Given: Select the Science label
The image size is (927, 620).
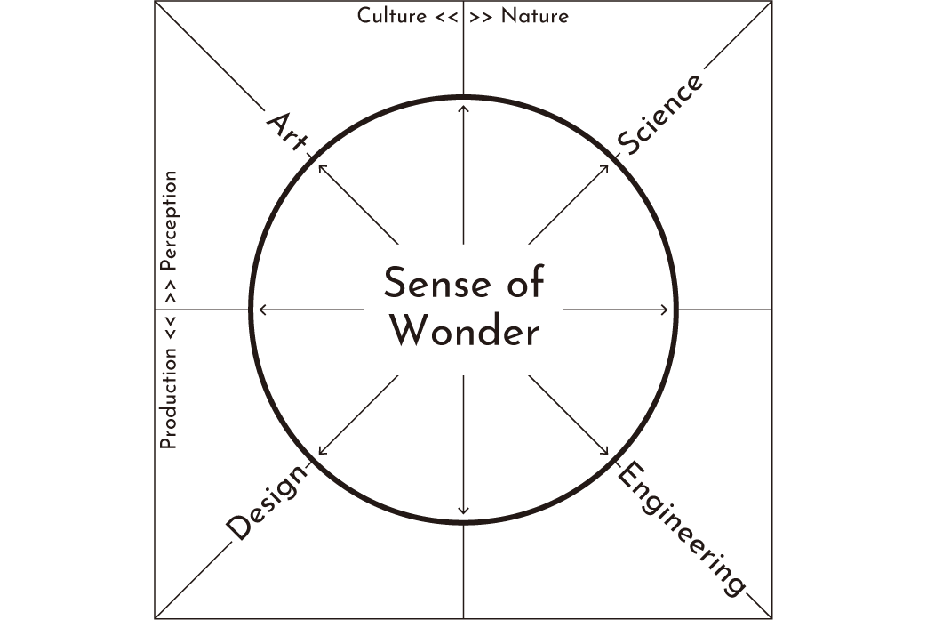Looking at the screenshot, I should click(x=660, y=114).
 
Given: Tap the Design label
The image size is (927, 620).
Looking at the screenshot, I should click(x=268, y=503).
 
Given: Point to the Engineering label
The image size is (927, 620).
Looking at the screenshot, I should click(x=681, y=528).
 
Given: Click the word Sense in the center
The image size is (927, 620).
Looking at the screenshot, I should click(x=425, y=285).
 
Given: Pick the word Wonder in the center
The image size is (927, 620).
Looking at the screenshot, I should click(x=464, y=333).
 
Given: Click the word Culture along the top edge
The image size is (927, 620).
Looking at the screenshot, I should click(x=391, y=16).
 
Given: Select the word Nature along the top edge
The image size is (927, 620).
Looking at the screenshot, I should click(x=535, y=16).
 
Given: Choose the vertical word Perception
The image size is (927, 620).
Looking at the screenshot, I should click(x=168, y=221).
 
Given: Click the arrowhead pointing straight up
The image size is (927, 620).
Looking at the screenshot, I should click(x=463, y=108).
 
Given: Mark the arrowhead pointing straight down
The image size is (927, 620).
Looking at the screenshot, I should click(x=463, y=511).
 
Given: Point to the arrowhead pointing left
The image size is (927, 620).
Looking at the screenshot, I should click(x=260, y=310).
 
